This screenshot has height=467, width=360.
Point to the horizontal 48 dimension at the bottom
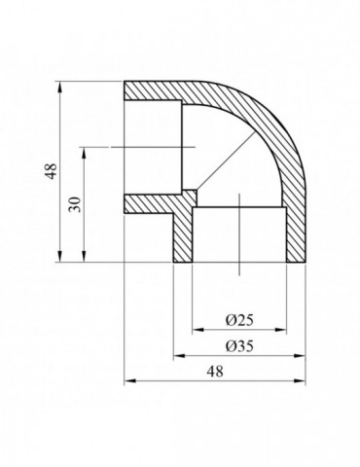216,371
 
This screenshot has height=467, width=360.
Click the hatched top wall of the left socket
156,90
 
